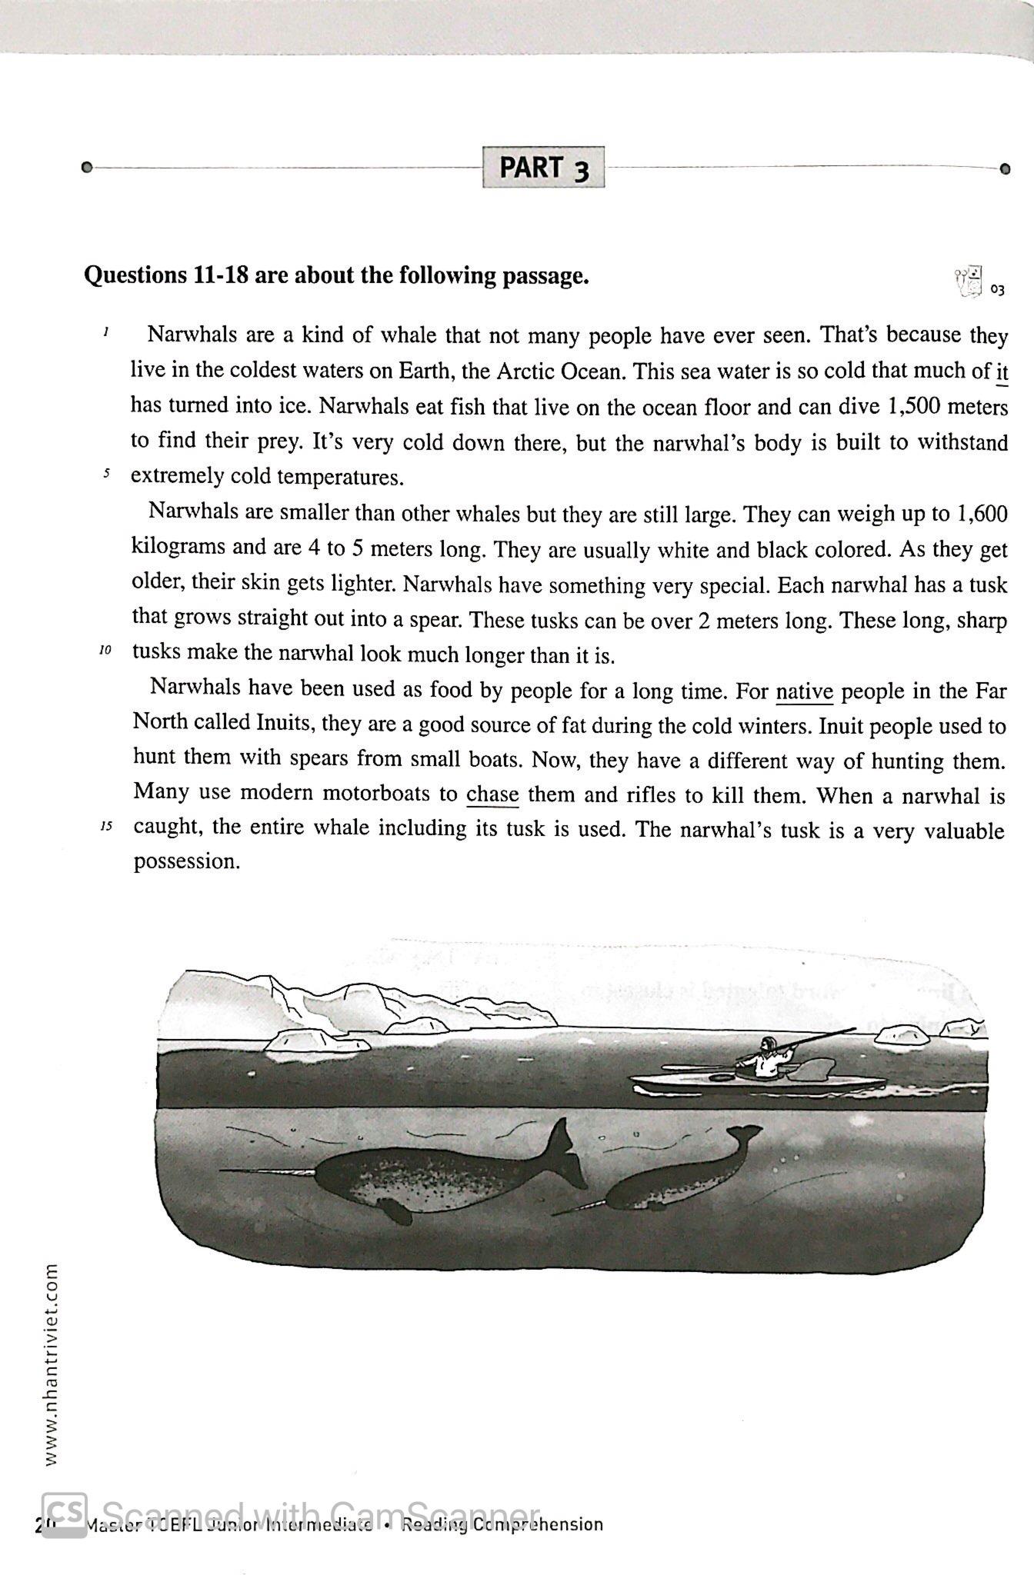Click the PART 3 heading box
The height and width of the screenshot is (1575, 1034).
[543, 167]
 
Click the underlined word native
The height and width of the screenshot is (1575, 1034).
[804, 692]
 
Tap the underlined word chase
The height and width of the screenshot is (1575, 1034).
[492, 794]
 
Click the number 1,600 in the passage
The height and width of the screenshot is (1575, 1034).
[979, 513]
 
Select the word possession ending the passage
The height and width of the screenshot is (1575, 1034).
[187, 861]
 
